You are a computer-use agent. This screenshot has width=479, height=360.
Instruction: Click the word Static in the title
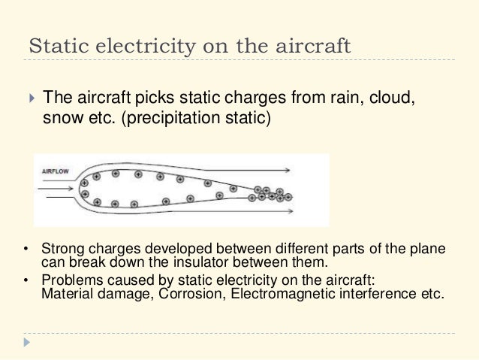pos(54,44)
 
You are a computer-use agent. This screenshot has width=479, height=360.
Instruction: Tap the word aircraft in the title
pos(313,44)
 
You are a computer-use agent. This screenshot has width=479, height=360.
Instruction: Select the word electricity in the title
pos(140,44)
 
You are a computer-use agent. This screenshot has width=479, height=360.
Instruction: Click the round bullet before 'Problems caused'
pos(27,282)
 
